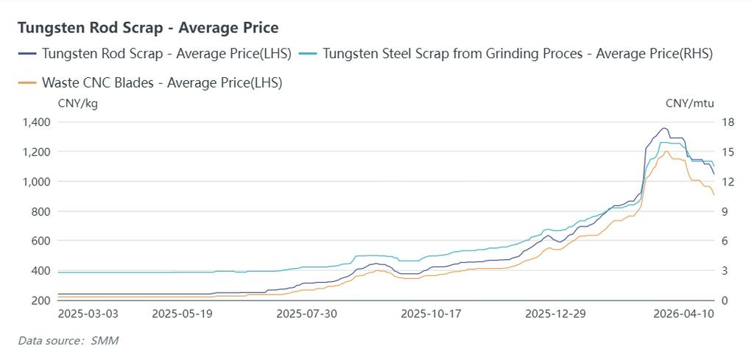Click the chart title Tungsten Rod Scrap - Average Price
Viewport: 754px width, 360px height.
[148, 28]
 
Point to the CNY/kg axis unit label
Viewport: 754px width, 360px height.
[77, 103]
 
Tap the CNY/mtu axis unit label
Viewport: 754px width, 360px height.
[689, 103]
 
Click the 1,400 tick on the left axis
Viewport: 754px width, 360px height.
[36, 122]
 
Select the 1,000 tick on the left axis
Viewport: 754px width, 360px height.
[36, 182]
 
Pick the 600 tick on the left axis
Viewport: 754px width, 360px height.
[40, 241]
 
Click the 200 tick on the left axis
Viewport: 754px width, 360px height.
[40, 300]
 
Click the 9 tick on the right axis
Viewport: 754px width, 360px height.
[725, 211]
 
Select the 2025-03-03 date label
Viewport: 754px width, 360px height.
[88, 313]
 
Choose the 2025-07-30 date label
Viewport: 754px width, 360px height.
[306, 313]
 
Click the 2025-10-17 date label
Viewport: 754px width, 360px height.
[431, 313]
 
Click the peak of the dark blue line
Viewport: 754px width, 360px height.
[663, 128]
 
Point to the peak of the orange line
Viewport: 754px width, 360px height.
[666, 152]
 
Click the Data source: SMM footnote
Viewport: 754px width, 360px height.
[68, 341]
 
